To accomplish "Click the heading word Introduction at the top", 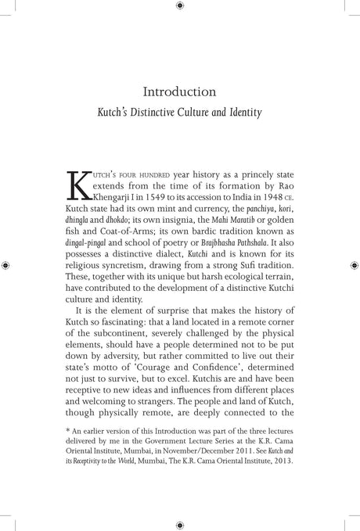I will (x=180, y=91).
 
